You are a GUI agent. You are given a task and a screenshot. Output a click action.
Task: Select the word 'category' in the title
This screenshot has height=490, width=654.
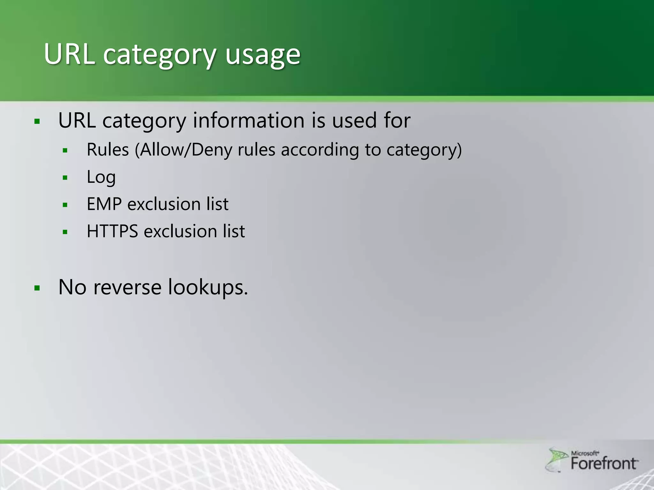pos(160,55)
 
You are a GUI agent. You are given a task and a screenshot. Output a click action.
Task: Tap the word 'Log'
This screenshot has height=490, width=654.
pos(101,177)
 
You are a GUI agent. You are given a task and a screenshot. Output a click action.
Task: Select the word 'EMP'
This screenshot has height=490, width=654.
pos(104,204)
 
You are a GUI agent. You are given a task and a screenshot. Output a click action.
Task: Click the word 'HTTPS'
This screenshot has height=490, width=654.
pos(112,231)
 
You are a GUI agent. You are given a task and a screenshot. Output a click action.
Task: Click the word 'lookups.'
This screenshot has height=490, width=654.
pos(208,287)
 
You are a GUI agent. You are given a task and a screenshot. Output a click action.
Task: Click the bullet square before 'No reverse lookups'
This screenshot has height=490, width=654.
pos(37,288)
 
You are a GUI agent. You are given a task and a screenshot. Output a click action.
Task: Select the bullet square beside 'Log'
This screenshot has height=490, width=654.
pos(65,178)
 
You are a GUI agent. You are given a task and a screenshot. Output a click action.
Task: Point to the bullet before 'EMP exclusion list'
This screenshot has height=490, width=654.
pos(65,205)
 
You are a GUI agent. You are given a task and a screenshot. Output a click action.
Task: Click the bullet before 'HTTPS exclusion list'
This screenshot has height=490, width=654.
pos(65,232)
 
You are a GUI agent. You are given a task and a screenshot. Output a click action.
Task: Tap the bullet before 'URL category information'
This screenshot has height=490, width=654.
pos(37,121)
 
